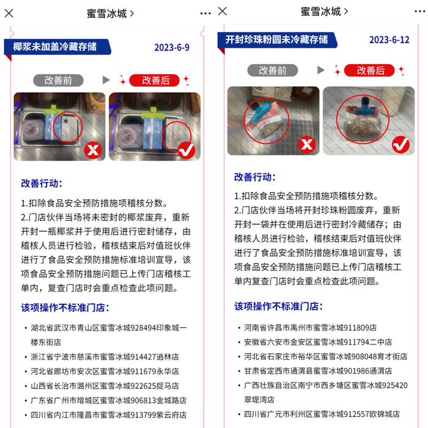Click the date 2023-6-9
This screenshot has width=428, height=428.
click(x=171, y=47)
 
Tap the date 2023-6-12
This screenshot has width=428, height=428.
click(x=389, y=40)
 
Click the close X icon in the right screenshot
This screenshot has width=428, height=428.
click(x=222, y=11)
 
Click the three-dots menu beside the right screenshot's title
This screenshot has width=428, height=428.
click(x=206, y=13)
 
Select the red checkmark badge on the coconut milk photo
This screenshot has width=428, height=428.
click(x=186, y=149)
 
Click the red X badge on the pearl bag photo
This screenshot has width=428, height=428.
click(x=306, y=144)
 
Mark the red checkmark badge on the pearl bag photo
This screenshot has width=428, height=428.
click(x=400, y=144)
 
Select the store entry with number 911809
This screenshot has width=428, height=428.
click(x=310, y=327)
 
